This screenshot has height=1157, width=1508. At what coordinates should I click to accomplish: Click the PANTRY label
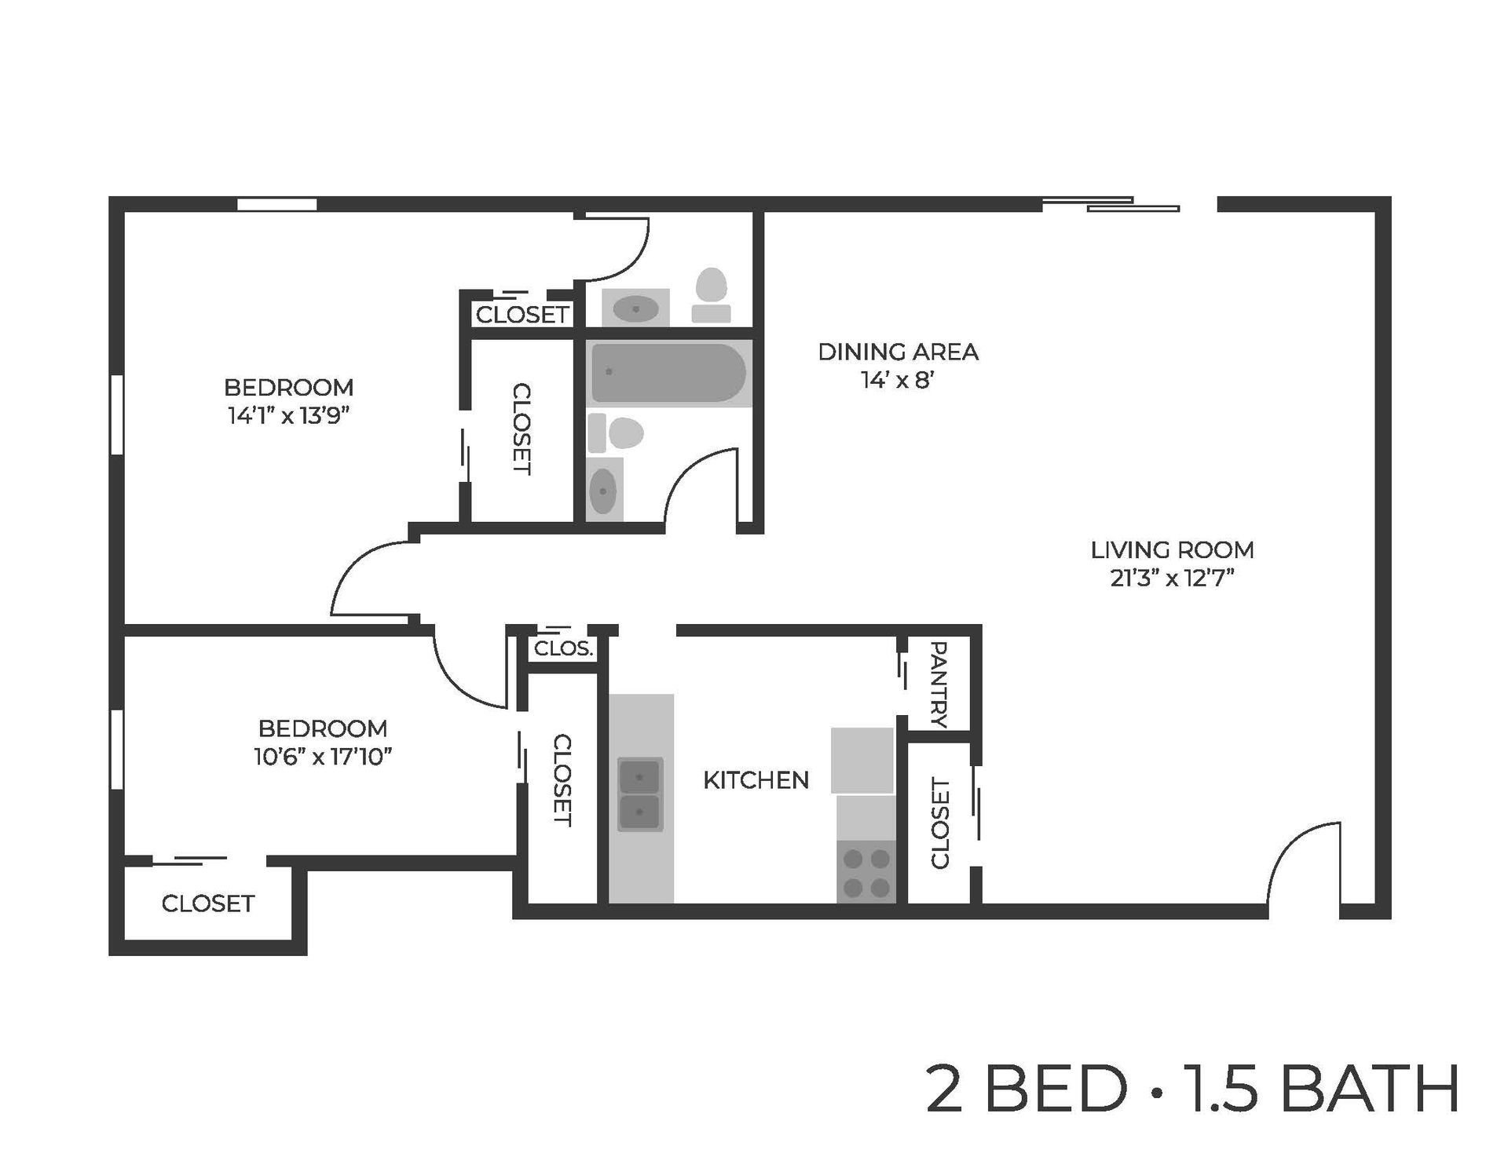939,684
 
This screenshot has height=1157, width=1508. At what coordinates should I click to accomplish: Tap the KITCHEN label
756,780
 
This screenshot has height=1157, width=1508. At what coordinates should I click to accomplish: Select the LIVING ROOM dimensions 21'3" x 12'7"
1172,579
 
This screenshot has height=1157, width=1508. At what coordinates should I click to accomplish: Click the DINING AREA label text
898,352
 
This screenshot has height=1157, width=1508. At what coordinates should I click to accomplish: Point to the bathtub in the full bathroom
668,373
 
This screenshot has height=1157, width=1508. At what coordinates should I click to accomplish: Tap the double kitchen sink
640,794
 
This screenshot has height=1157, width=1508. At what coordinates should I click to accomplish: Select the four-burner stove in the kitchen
866,873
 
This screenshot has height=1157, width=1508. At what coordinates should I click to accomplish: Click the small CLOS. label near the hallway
562,649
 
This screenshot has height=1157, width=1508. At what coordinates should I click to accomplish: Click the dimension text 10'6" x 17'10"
322,757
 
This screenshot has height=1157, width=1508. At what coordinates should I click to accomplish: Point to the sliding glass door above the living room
1111,205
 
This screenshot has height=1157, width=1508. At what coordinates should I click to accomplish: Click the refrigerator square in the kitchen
862,760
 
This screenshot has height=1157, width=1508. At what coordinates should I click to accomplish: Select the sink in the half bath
635,308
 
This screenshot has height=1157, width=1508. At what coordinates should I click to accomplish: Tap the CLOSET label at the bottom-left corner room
207,904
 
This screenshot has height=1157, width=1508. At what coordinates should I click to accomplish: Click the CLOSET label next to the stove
939,823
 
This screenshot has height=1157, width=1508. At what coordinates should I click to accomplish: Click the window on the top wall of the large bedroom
276,205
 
